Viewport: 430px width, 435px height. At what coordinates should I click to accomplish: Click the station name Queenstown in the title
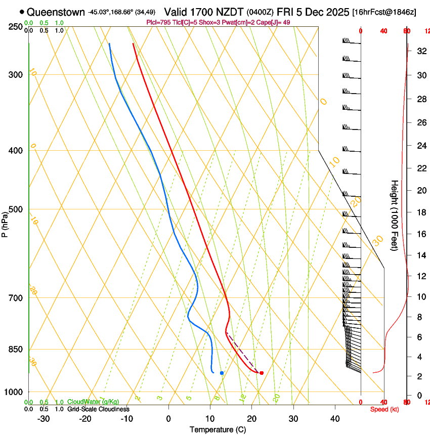pyautogui.click(x=56, y=12)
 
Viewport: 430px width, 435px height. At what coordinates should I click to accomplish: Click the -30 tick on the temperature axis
pyautogui.click(x=44, y=418)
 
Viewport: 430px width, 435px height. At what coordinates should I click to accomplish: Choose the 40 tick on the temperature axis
pyautogui.click(x=334, y=418)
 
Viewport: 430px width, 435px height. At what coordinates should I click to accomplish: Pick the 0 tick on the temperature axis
pyautogui.click(x=168, y=418)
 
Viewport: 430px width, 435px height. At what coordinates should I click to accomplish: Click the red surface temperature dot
pyautogui.click(x=262, y=373)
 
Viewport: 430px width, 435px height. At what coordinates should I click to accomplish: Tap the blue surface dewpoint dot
pyautogui.click(x=222, y=373)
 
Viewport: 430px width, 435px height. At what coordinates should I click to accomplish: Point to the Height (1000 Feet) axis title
pyautogui.click(x=395, y=215)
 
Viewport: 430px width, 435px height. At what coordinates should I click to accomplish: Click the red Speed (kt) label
pyautogui.click(x=384, y=409)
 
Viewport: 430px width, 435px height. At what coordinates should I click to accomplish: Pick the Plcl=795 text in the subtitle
pyautogui.click(x=159, y=22)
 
